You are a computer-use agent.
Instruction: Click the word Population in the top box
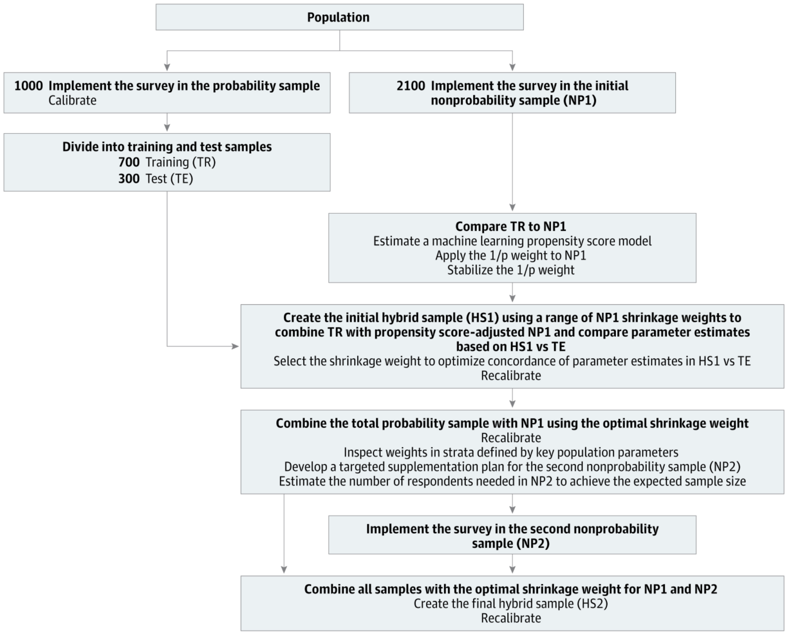(338, 17)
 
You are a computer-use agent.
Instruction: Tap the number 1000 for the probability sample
(28, 86)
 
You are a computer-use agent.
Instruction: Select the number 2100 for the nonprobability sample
(411, 86)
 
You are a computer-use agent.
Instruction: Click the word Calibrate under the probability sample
(72, 100)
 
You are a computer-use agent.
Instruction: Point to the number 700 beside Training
(129, 162)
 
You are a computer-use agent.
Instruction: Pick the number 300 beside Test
(129, 179)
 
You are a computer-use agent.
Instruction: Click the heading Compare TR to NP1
(511, 226)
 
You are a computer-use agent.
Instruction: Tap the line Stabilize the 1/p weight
(511, 270)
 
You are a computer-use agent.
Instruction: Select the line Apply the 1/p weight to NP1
(511, 255)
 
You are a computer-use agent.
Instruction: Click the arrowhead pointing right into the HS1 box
(235, 346)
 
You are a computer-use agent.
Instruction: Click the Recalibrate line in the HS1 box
(511, 376)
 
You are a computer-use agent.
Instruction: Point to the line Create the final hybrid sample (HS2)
(511, 604)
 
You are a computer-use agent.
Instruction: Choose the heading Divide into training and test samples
(167, 147)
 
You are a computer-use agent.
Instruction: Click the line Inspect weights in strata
(511, 453)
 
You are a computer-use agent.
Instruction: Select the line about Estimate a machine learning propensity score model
(512, 241)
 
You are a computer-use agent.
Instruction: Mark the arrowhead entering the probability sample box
(167, 67)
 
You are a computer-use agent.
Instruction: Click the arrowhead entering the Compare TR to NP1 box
(512, 208)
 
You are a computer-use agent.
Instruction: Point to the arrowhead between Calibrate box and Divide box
(167, 128)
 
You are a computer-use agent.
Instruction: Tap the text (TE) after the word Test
(181, 179)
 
